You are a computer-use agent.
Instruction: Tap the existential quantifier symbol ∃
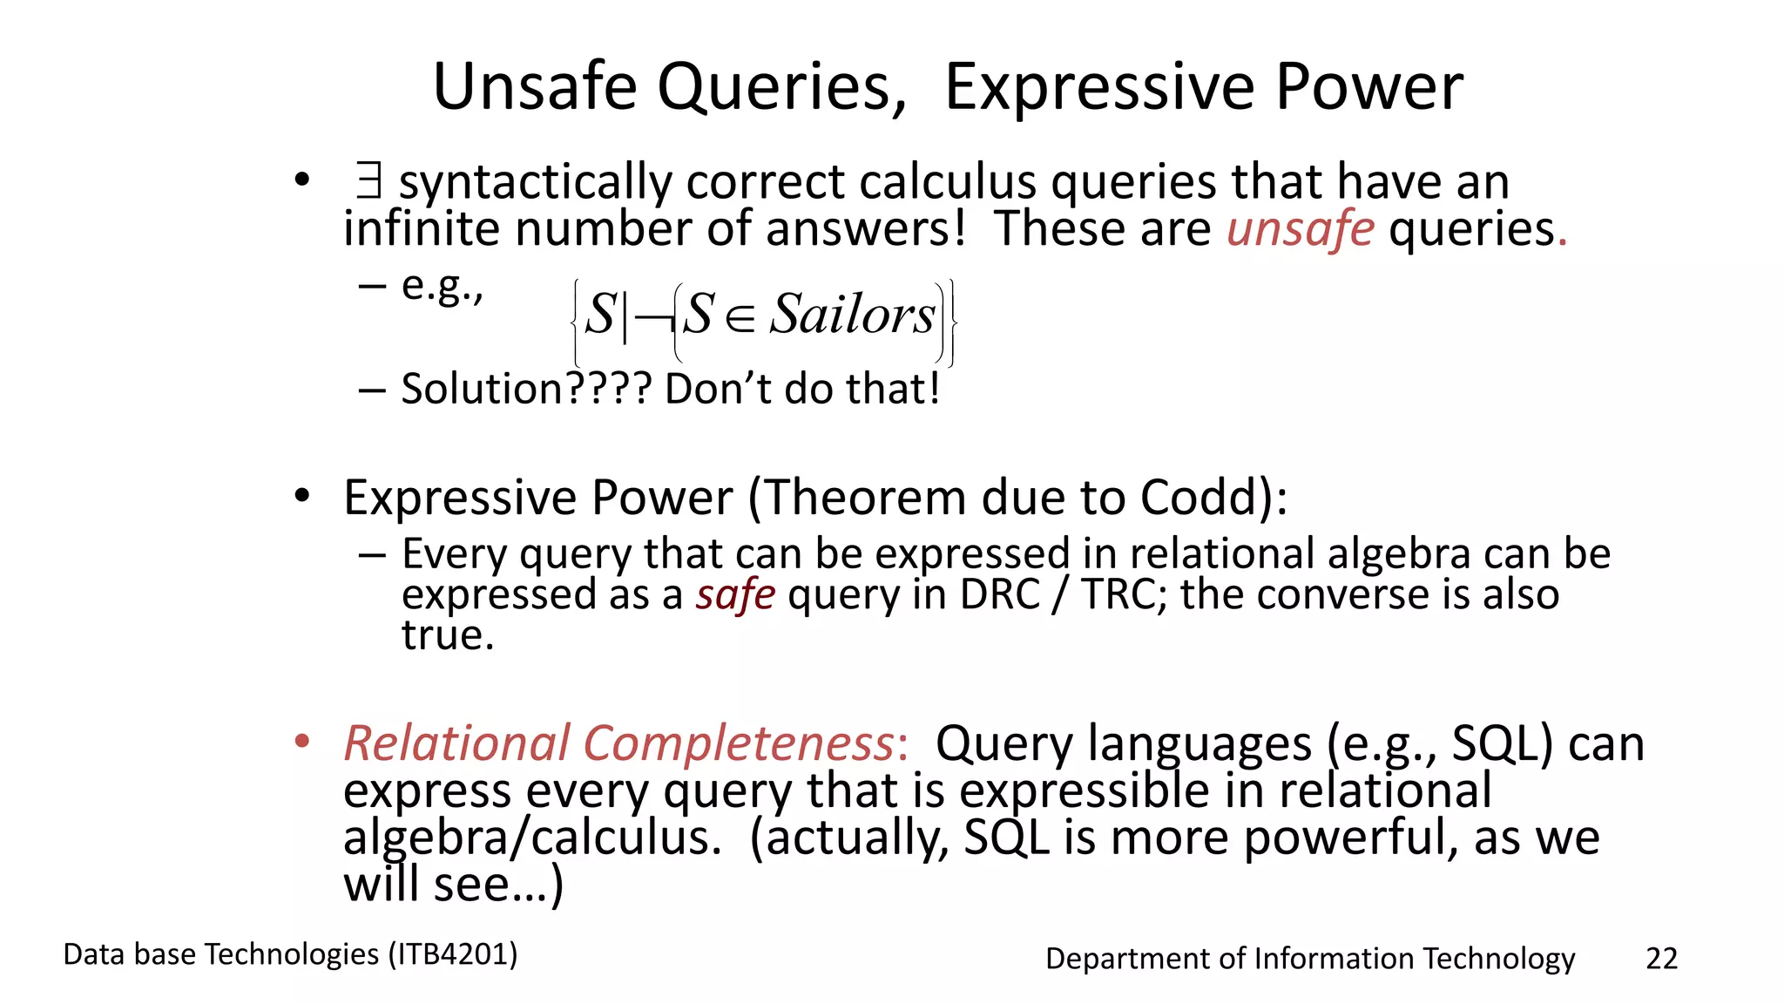[368, 182]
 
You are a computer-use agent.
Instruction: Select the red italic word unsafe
[1301, 229]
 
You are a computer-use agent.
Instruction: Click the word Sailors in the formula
[852, 315]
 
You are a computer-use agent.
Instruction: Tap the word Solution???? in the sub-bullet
[526, 389]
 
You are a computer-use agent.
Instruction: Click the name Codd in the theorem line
[1205, 498]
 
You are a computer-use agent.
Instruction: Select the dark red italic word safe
[735, 594]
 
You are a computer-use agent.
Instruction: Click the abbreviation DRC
[999, 594]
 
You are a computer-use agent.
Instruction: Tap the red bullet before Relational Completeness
[301, 743]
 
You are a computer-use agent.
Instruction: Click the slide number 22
[1661, 958]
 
